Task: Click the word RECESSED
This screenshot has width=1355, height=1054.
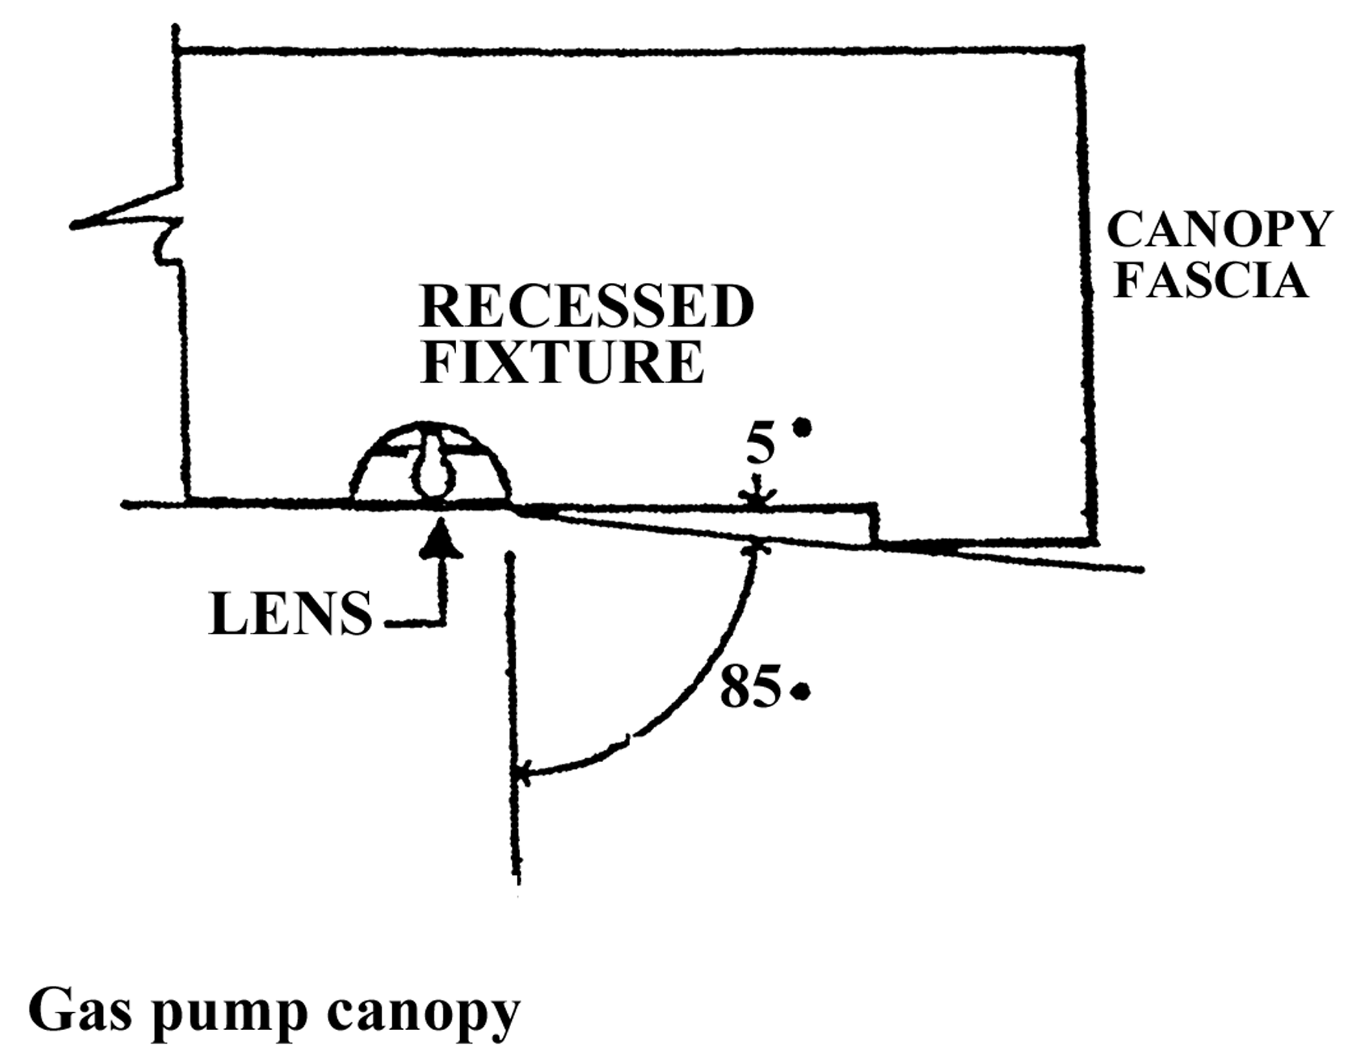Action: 586,307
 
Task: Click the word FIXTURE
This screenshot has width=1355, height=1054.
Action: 562,363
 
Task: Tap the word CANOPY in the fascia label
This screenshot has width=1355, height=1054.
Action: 1219,229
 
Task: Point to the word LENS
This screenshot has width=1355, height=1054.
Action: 291,615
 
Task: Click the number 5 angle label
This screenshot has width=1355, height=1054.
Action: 760,445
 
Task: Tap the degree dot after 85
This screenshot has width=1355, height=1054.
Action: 802,691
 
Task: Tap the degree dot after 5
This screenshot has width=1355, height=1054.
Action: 803,428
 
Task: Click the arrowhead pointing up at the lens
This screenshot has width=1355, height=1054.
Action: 441,539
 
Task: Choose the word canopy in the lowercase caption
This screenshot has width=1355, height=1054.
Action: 422,1013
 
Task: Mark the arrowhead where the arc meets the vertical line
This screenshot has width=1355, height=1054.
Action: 522,772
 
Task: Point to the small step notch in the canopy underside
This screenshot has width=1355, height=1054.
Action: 875,523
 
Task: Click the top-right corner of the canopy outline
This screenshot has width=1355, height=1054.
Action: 1081,50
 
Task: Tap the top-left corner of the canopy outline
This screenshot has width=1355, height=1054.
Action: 178,50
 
